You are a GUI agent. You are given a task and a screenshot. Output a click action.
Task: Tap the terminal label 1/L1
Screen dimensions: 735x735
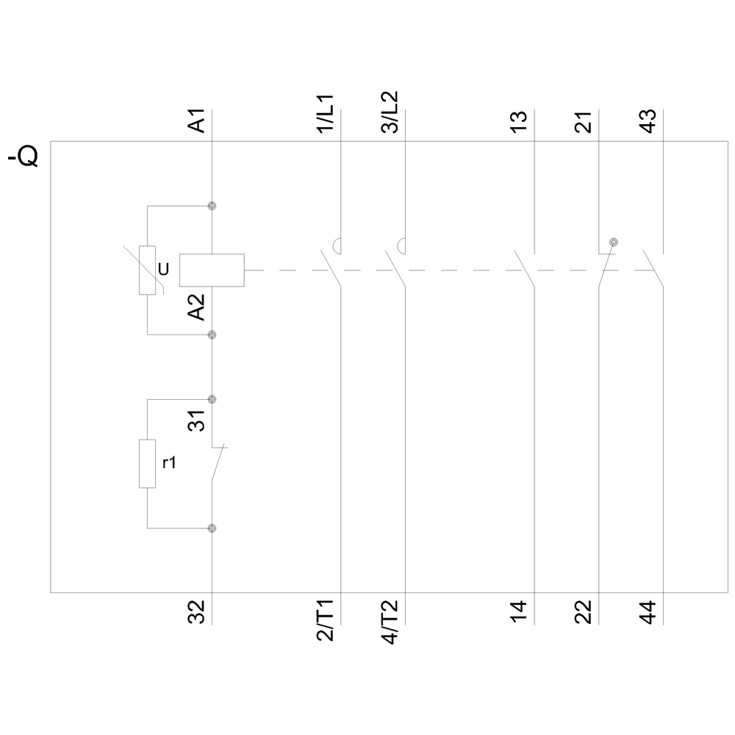point(326,112)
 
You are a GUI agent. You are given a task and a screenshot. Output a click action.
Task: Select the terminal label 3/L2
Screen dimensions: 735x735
point(390,112)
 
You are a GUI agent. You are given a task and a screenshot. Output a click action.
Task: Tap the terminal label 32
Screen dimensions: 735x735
point(196,612)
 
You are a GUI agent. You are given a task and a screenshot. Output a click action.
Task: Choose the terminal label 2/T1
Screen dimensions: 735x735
point(326,622)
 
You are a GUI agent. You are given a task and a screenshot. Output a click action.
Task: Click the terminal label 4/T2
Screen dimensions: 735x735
point(390,622)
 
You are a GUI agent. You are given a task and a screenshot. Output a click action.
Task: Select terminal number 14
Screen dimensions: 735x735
point(518,612)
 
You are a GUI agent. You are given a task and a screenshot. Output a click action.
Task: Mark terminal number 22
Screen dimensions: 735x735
point(583,612)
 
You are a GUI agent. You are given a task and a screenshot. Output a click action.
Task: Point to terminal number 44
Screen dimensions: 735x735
point(648,612)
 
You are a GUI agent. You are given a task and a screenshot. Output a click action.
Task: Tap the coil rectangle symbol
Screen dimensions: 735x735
point(212,270)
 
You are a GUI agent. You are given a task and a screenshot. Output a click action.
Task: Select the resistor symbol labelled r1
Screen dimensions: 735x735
point(147,464)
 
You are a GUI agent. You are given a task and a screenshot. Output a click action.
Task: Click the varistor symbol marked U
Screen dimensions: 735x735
point(147,270)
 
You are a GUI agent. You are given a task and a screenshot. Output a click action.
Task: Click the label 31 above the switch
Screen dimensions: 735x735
point(196,421)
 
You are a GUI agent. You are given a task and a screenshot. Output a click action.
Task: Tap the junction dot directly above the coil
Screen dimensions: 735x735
point(212,206)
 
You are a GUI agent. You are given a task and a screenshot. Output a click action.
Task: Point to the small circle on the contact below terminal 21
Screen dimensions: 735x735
point(614,242)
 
